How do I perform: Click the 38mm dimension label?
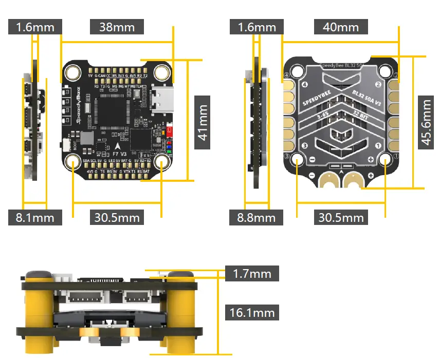tap(117, 27)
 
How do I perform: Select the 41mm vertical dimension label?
tap(203, 122)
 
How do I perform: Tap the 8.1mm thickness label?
tap(35, 217)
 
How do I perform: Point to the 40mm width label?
tap(340, 27)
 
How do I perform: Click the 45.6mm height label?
tap(426, 122)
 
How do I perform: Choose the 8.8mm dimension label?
tap(256, 217)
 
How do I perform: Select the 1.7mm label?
tap(252, 273)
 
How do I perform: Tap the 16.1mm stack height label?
tap(252, 312)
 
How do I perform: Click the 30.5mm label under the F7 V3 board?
tap(117, 217)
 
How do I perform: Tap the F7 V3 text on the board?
tap(118, 153)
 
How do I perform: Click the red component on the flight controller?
tap(170, 131)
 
